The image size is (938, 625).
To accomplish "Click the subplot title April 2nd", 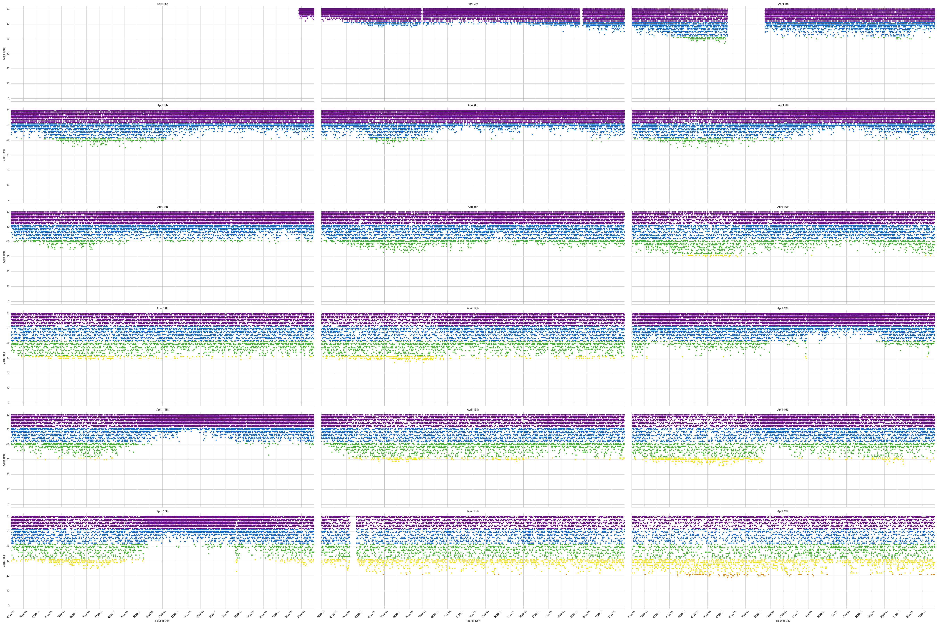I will pos(162,4).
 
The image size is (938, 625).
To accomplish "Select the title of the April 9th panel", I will pos(473,207).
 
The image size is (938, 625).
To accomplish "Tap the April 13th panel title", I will pos(783,308).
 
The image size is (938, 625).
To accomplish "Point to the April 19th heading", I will pos(783,511).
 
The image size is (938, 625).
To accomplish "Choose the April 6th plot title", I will pos(473,105).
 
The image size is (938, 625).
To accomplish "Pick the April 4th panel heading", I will pos(783,4).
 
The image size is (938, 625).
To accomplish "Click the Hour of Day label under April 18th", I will pos(473,621).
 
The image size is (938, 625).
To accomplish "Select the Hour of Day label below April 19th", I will pos(783,621).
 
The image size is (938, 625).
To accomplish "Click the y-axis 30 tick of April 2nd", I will pos(8,54).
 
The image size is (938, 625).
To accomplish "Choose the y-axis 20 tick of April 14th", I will pos(8,474).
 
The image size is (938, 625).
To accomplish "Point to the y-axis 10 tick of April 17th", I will pos(8,591).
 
